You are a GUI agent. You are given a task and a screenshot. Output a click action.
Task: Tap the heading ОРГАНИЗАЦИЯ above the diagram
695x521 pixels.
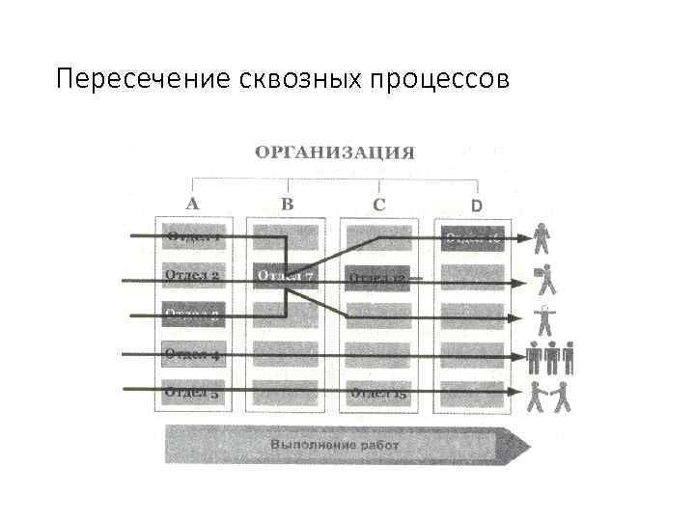335,152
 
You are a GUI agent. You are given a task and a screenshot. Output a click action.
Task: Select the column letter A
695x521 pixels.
192,204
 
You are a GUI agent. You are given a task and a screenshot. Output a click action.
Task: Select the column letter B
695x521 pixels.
287,204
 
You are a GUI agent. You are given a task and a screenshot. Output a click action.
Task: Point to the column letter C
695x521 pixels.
378,204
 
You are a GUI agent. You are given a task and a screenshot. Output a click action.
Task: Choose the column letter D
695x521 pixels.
475,205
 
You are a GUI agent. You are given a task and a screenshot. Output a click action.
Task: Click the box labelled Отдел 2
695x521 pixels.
193,276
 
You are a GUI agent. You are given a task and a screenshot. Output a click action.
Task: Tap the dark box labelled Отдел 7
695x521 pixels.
285,277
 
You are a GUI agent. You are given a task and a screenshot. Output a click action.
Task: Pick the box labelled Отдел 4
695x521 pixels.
193,354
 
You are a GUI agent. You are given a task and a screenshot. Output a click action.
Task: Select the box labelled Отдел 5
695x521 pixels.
193,392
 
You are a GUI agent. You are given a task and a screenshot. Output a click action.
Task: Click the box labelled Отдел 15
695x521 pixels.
378,393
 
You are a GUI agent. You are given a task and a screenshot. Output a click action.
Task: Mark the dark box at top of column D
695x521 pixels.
473,238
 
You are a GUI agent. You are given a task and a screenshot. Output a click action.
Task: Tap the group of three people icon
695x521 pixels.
550,358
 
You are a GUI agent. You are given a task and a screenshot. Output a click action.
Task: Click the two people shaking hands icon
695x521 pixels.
549,396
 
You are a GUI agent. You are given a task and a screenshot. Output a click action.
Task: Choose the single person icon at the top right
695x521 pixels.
542,237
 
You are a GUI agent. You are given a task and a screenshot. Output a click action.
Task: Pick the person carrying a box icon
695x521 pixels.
546,279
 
